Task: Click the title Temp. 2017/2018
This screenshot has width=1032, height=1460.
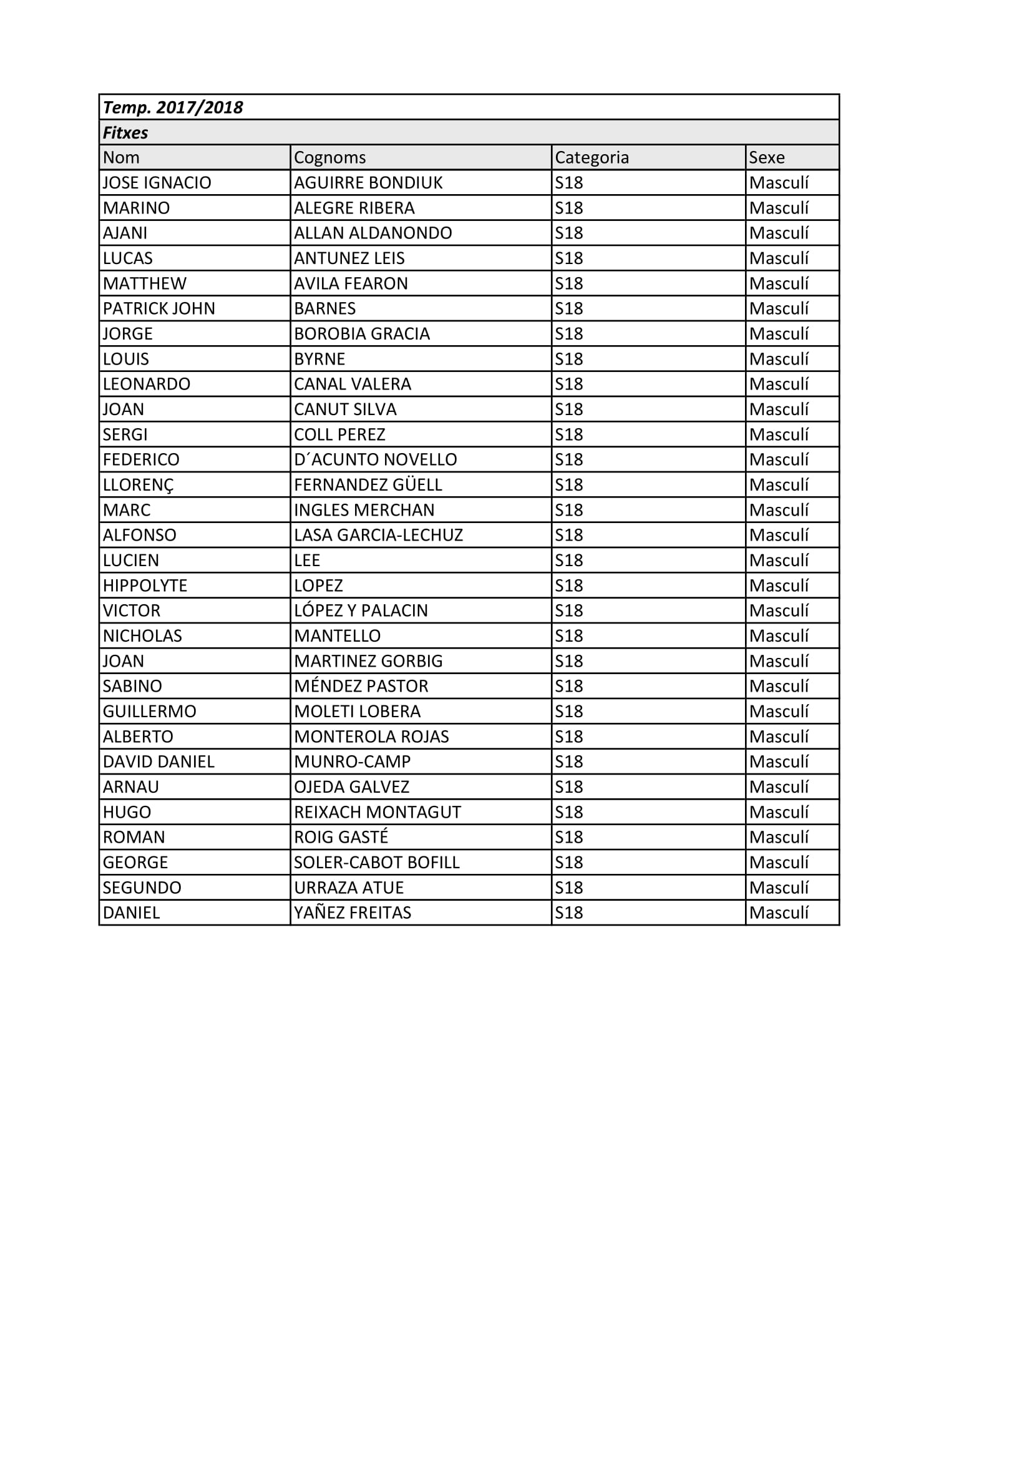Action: [173, 107]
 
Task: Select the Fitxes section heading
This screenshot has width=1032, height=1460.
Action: [126, 133]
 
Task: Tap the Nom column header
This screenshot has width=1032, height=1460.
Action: [121, 158]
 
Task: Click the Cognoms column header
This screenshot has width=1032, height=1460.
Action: [330, 158]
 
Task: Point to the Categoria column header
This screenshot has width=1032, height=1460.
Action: [591, 158]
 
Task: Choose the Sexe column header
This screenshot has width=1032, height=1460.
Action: [766, 158]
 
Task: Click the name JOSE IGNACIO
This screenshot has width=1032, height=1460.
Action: [157, 183]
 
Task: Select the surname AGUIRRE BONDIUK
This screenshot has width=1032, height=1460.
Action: [368, 183]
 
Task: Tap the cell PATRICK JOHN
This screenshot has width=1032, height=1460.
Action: [159, 309]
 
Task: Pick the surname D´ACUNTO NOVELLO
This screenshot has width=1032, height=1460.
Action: [375, 460]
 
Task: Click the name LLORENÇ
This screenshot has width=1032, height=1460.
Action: [138, 485]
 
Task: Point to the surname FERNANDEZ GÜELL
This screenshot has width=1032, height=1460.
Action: [368, 485]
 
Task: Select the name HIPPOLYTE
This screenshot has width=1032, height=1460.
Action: [145, 585]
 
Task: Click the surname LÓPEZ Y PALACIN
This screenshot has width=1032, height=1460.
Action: [361, 611]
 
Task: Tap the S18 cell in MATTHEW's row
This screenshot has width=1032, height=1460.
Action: [569, 283]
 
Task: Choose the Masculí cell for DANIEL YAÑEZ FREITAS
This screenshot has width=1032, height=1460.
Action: [779, 913]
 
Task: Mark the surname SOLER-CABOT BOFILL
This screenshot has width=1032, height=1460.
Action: [376, 863]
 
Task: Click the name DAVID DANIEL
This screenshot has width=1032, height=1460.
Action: [159, 762]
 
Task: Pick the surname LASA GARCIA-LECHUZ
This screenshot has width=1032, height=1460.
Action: [378, 536]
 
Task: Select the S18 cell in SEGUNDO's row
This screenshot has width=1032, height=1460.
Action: [569, 888]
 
